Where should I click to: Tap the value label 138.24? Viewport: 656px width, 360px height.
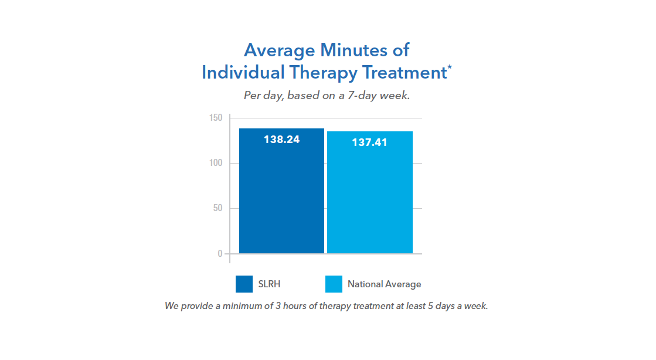point(281,140)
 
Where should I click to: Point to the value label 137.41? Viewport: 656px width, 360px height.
point(369,142)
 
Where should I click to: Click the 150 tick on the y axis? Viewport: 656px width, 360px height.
point(216,118)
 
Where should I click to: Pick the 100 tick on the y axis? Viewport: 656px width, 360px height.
point(216,163)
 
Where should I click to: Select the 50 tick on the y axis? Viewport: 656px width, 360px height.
point(217,208)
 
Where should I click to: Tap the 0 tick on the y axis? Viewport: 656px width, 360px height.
point(220,254)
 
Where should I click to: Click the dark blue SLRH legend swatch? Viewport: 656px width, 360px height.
point(244,284)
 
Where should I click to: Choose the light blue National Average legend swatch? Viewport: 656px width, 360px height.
point(334,284)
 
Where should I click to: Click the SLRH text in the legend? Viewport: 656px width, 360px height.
point(269,284)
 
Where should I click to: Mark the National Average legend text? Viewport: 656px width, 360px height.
point(384,284)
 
